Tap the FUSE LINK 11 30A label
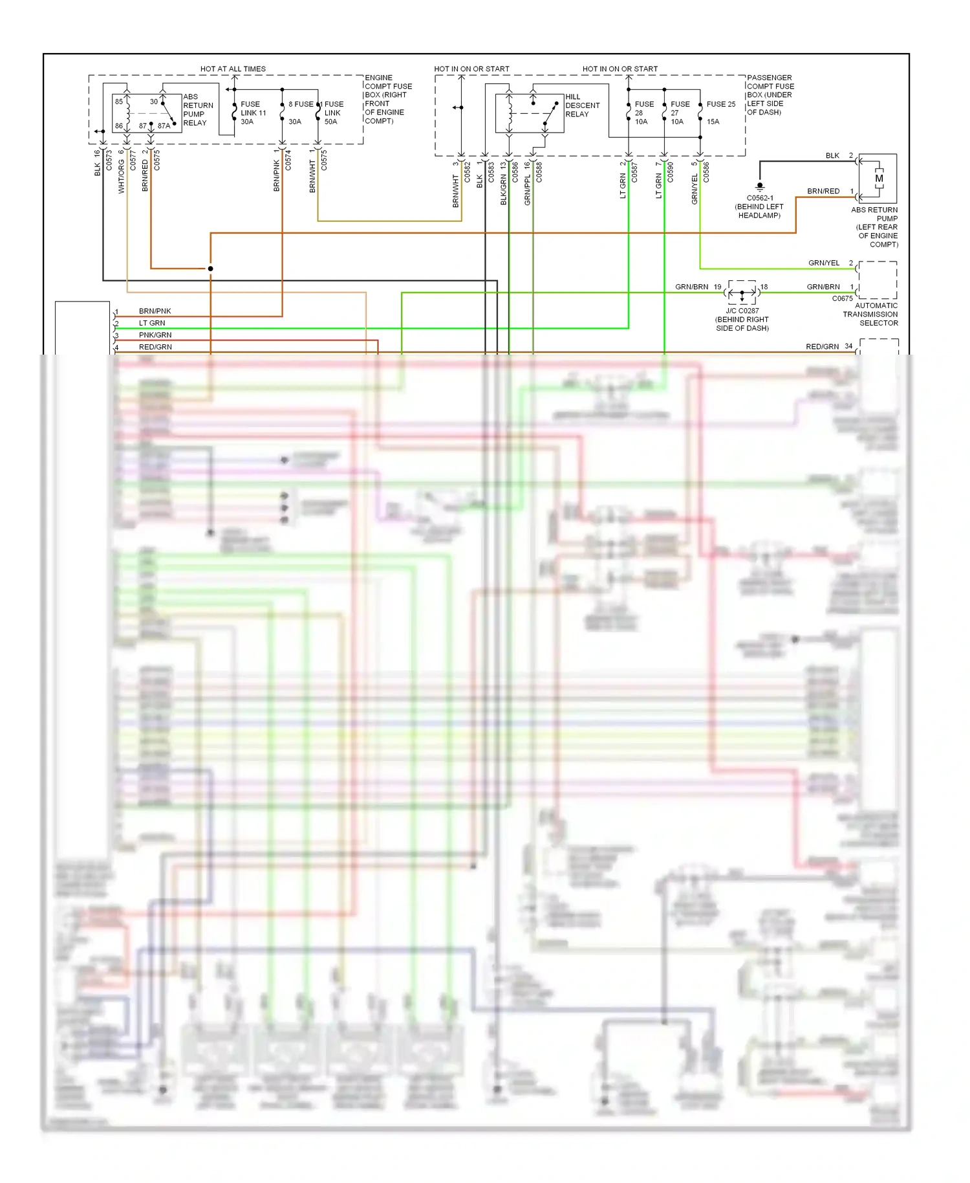point(253,113)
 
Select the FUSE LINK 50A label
point(333,113)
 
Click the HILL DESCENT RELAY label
point(581,105)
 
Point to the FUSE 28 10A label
point(643,113)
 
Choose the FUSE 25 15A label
point(720,112)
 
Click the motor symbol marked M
point(879,179)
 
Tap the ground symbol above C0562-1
point(760,186)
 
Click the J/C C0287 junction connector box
point(742,293)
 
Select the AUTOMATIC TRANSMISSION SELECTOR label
point(870,314)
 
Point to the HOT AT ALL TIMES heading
point(233,69)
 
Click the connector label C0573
point(109,160)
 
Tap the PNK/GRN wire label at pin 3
point(155,335)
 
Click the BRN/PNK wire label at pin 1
point(155,311)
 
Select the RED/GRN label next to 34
point(822,347)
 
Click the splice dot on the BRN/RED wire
point(211,269)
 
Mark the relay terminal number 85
point(119,102)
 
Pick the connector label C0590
point(670,172)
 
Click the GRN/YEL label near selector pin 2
point(823,263)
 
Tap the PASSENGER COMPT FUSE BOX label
point(770,94)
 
